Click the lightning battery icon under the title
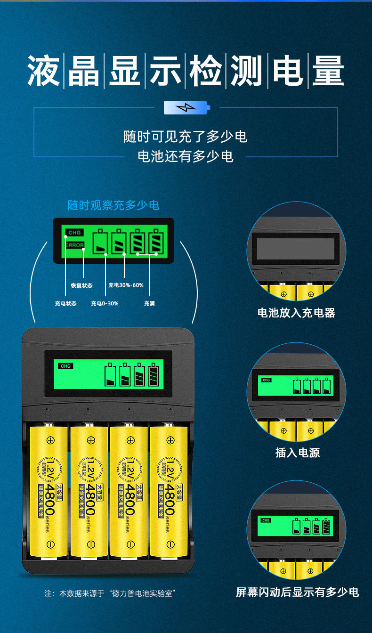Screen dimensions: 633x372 point(186,108)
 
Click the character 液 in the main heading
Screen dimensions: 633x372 point(43,71)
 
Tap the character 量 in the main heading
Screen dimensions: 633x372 point(328,71)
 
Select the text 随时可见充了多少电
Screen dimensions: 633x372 point(185,137)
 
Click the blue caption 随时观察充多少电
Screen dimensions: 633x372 point(113,205)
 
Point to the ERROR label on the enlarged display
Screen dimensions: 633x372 point(74,245)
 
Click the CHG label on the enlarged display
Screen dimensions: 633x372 point(74,233)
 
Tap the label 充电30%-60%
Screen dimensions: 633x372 point(126,285)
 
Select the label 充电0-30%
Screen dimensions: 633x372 point(105,303)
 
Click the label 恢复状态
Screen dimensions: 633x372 point(81,285)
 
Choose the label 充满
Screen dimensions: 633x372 point(149,303)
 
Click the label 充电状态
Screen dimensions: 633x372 point(65,303)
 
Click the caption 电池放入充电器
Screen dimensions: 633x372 point(296,313)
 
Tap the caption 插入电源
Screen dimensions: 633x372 point(297,453)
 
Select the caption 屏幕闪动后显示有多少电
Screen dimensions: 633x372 point(297,592)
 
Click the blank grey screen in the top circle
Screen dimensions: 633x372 point(295,249)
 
